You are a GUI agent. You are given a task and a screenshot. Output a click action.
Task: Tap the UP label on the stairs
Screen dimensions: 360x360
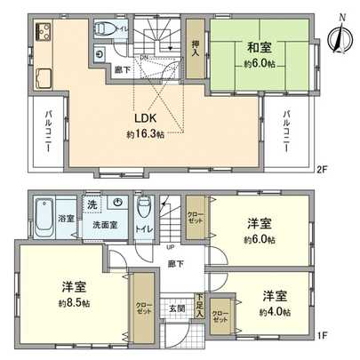click(x=170, y=246)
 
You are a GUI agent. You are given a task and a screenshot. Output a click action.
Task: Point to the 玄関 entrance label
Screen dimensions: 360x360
click(x=176, y=308)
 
